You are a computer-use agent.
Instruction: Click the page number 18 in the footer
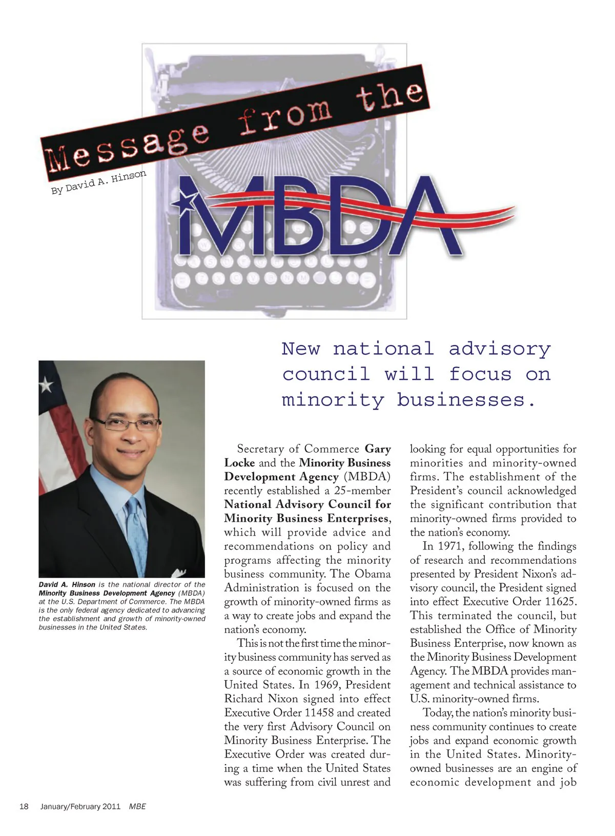[24, 806]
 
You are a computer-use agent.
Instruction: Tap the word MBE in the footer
[137, 806]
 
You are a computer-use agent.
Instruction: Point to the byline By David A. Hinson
[98, 182]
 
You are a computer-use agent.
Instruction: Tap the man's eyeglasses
[126, 424]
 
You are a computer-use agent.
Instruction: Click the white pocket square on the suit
[179, 573]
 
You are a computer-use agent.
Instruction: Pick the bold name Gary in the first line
[378, 449]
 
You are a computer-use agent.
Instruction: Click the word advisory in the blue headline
[500, 349]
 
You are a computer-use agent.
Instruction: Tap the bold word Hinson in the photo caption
[84, 584]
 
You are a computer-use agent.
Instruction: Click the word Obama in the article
[373, 574]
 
